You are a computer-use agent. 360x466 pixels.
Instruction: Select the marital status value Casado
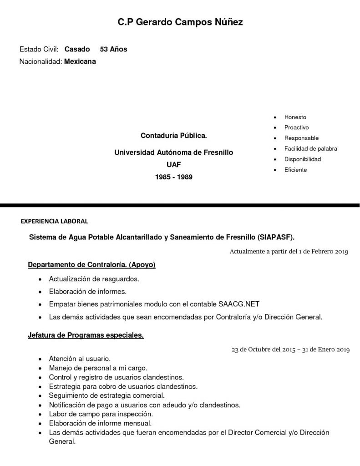[x=77, y=49]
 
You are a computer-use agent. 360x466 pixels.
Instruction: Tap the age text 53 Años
[x=113, y=49]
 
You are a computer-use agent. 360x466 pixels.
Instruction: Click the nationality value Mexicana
[x=80, y=61]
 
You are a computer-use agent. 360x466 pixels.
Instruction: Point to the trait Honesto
[x=295, y=117]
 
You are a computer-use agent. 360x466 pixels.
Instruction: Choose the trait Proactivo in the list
[x=296, y=127]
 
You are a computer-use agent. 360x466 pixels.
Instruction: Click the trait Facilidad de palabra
[x=310, y=148]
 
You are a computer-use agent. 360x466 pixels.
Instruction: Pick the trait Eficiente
[x=295, y=170]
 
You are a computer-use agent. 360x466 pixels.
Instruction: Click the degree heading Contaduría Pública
[x=173, y=136]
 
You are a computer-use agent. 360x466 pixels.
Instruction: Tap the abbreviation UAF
[x=173, y=164]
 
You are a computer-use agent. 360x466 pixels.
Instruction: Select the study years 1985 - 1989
[x=173, y=177]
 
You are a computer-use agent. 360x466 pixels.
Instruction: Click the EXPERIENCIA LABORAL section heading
[x=54, y=222]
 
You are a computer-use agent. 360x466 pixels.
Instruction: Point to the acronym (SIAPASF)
[x=276, y=237]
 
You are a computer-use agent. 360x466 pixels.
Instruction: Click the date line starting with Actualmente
[x=289, y=251]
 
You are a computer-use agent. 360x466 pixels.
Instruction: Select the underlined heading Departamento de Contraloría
[x=91, y=264]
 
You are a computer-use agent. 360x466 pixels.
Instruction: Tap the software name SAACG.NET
[x=239, y=304]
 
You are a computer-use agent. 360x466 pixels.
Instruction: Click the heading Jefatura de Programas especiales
[x=86, y=335]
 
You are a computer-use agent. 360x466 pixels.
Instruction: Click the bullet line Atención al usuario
[x=80, y=359]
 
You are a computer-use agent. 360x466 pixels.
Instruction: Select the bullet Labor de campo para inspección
[x=101, y=414]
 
